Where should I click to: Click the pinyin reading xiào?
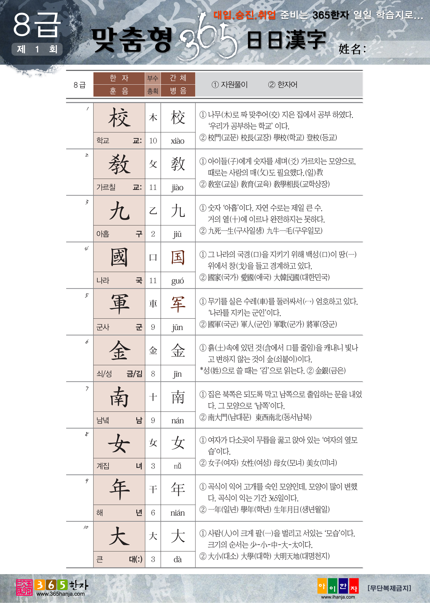pyautogui.click(x=178, y=141)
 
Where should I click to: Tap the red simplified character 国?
pyautogui.click(x=178, y=258)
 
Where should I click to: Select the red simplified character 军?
pyautogui.click(x=178, y=304)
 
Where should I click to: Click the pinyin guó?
pyautogui.click(x=178, y=281)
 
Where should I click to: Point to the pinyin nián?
pyautogui.click(x=178, y=513)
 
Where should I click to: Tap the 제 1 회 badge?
pyautogui.click(x=37, y=49)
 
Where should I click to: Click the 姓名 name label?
pyautogui.click(x=352, y=49)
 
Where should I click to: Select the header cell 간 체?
pyautogui.click(x=178, y=78)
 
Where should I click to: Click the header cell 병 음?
pyautogui.click(x=178, y=91)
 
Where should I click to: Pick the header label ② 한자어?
pyautogui.click(x=283, y=85)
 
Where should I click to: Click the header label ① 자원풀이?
pyautogui.click(x=229, y=85)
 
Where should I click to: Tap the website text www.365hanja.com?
pyautogui.click(x=60, y=594)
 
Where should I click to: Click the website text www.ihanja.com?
pyautogui.click(x=338, y=597)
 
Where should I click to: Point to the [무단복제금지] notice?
pyautogui.click(x=389, y=588)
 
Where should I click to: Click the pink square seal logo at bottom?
pyautogui.click(x=24, y=587)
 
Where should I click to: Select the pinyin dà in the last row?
pyautogui.click(x=178, y=559)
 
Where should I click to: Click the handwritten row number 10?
pyautogui.click(x=86, y=527)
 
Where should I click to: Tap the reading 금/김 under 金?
pyautogui.click(x=134, y=374)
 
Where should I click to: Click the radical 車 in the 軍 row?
pyautogui.click(x=153, y=304)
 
